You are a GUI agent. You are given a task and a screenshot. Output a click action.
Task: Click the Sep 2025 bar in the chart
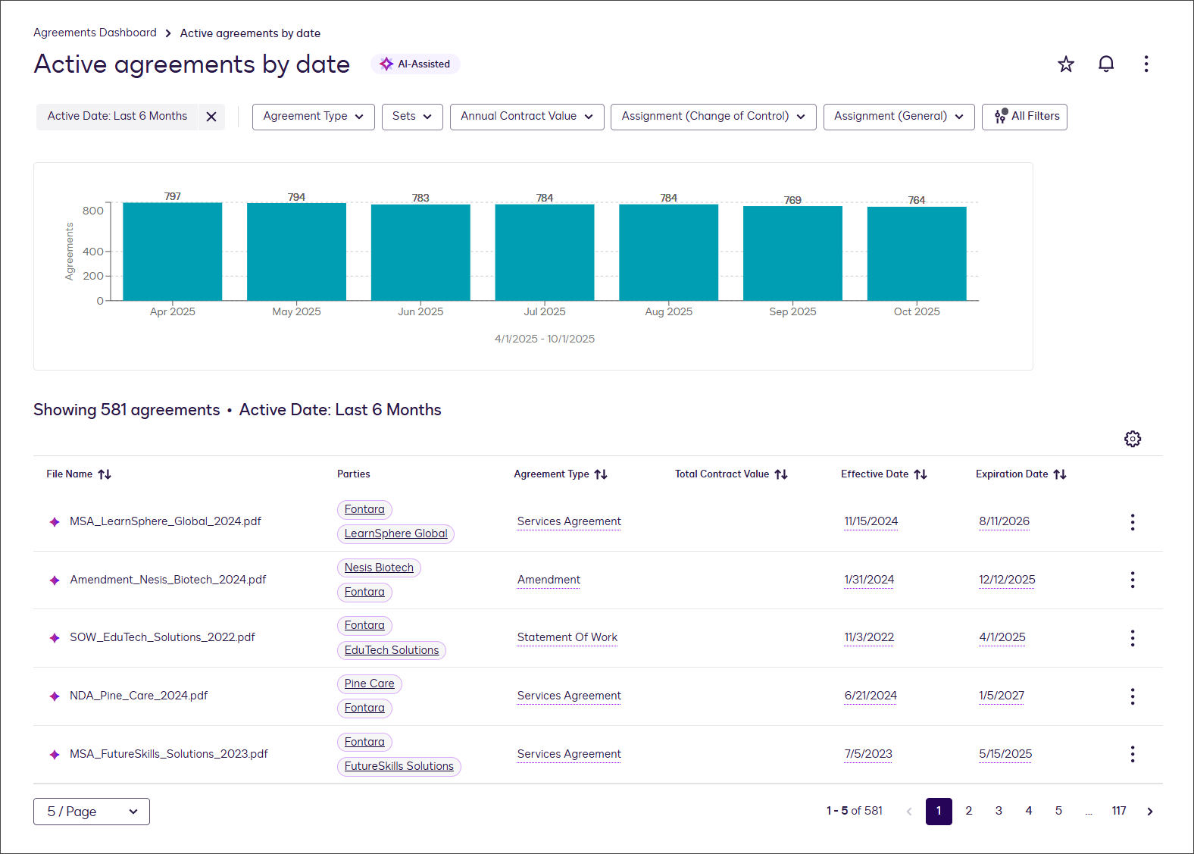[x=792, y=253]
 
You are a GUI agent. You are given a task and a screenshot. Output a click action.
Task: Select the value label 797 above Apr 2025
[x=173, y=196]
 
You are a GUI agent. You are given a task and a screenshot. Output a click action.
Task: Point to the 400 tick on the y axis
[x=93, y=252]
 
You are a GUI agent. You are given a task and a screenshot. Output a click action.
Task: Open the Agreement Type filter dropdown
[x=313, y=117]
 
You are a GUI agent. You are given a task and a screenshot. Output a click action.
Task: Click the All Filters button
[x=1024, y=117]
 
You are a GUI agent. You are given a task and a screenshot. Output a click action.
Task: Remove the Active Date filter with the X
[x=211, y=117]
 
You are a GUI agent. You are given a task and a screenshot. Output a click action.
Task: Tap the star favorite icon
[x=1066, y=64]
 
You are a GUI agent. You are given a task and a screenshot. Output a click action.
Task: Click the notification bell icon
[x=1106, y=64]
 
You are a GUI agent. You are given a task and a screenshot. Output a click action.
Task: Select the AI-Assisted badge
[x=415, y=64]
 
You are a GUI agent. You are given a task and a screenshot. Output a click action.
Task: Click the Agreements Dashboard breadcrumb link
[x=95, y=33]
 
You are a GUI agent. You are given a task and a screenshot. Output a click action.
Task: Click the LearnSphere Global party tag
[x=395, y=533]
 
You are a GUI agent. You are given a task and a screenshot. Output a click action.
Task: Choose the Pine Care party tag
[x=369, y=684]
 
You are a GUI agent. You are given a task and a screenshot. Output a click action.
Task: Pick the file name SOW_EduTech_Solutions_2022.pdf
[x=162, y=637]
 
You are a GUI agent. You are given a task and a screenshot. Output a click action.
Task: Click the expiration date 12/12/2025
[x=1007, y=580]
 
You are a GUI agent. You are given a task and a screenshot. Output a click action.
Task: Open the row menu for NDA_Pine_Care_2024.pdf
[x=1132, y=696]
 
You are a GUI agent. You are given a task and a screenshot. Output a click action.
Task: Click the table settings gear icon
[x=1132, y=439]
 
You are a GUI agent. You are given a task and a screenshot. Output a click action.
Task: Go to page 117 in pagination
[x=1118, y=811]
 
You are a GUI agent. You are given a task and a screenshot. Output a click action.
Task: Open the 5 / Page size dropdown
[x=92, y=812]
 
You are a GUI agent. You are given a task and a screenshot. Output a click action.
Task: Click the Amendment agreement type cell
[x=549, y=580]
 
